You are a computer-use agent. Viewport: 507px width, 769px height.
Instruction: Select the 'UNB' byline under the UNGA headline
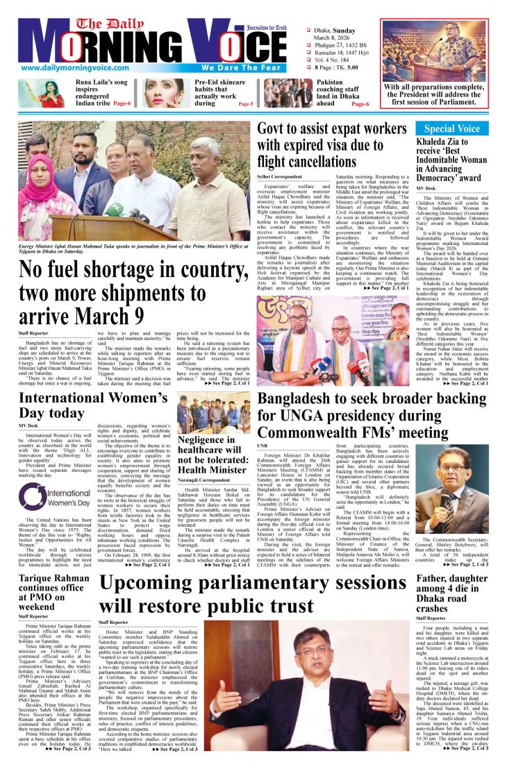(x=263, y=444)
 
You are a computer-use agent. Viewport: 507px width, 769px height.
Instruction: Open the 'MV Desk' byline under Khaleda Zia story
(x=426, y=187)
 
